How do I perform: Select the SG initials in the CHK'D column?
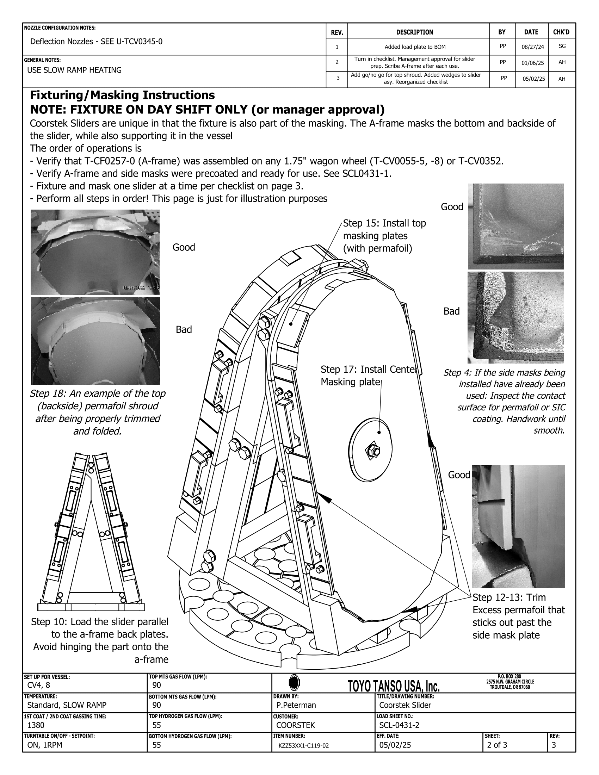click(562, 46)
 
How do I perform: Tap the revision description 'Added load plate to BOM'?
click(415, 47)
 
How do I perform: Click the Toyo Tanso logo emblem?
click(294, 682)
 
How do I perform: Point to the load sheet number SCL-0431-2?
click(399, 725)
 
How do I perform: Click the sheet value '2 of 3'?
click(497, 745)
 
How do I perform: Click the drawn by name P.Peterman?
click(296, 705)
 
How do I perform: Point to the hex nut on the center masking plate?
click(373, 451)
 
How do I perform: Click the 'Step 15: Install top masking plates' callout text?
click(384, 236)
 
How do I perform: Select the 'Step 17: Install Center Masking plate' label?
click(368, 376)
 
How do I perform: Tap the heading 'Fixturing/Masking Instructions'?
click(122, 95)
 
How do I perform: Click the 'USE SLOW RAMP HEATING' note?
click(74, 70)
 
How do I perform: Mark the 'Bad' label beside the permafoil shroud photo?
click(184, 330)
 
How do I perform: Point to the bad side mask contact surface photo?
click(515, 318)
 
